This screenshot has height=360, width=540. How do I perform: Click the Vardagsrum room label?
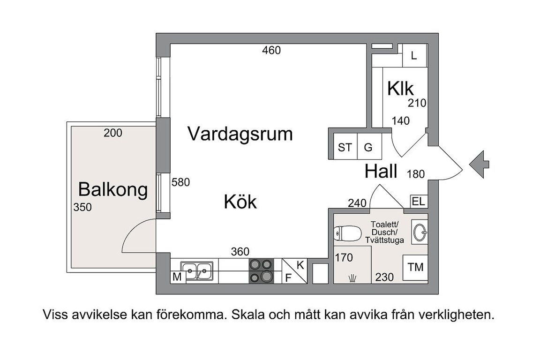click(x=240, y=134)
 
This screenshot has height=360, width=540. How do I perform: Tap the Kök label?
click(x=240, y=202)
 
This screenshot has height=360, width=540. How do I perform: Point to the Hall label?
click(x=381, y=171)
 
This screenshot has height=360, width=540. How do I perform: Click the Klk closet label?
click(x=400, y=89)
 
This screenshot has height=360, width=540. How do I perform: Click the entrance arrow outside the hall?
click(x=479, y=165)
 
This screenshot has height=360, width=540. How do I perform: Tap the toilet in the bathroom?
click(x=347, y=233)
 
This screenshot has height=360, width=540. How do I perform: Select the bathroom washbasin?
click(x=420, y=232)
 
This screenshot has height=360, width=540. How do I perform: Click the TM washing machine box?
click(x=415, y=267)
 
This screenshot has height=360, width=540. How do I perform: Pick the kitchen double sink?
click(x=197, y=270)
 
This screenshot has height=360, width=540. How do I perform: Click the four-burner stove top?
click(x=262, y=271)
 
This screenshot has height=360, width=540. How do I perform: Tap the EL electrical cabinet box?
click(x=419, y=202)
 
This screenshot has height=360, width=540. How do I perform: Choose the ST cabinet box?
click(x=345, y=147)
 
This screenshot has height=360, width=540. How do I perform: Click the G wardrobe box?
click(x=369, y=147)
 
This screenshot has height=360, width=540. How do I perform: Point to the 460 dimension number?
click(x=271, y=50)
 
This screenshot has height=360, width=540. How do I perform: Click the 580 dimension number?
click(x=181, y=182)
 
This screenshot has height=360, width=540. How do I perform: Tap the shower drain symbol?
click(x=352, y=277)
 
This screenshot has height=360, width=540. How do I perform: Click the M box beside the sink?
click(x=177, y=277)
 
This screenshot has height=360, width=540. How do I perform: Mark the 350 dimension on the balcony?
click(x=82, y=207)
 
